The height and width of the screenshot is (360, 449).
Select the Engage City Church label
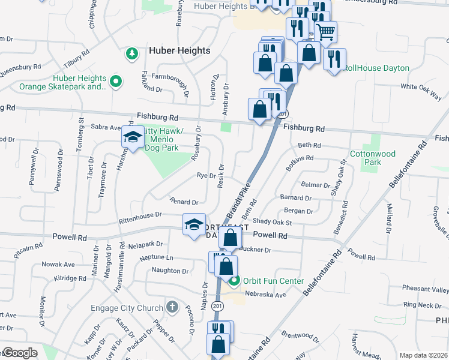tap(127, 308)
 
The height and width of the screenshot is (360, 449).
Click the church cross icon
tap(172, 308)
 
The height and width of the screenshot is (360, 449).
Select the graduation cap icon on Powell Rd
tap(194, 224)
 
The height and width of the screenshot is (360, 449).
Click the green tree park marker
tap(131, 55)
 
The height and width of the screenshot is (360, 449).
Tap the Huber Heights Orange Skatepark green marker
tap(117, 79)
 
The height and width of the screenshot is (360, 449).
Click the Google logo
tap(20, 353)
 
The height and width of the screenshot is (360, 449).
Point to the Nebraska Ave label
tap(270, 295)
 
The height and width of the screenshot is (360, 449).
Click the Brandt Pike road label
tap(237, 203)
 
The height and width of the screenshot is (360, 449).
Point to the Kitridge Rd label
tap(70, 278)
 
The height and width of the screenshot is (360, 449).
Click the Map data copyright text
tap(423, 355)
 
